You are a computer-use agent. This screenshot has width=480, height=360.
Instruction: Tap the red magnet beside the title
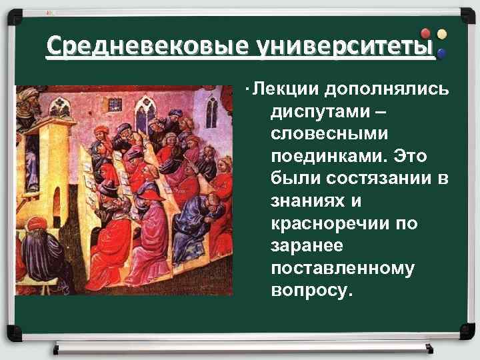click(x=426, y=34)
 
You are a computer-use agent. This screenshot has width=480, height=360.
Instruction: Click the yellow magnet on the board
click(x=441, y=33)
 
